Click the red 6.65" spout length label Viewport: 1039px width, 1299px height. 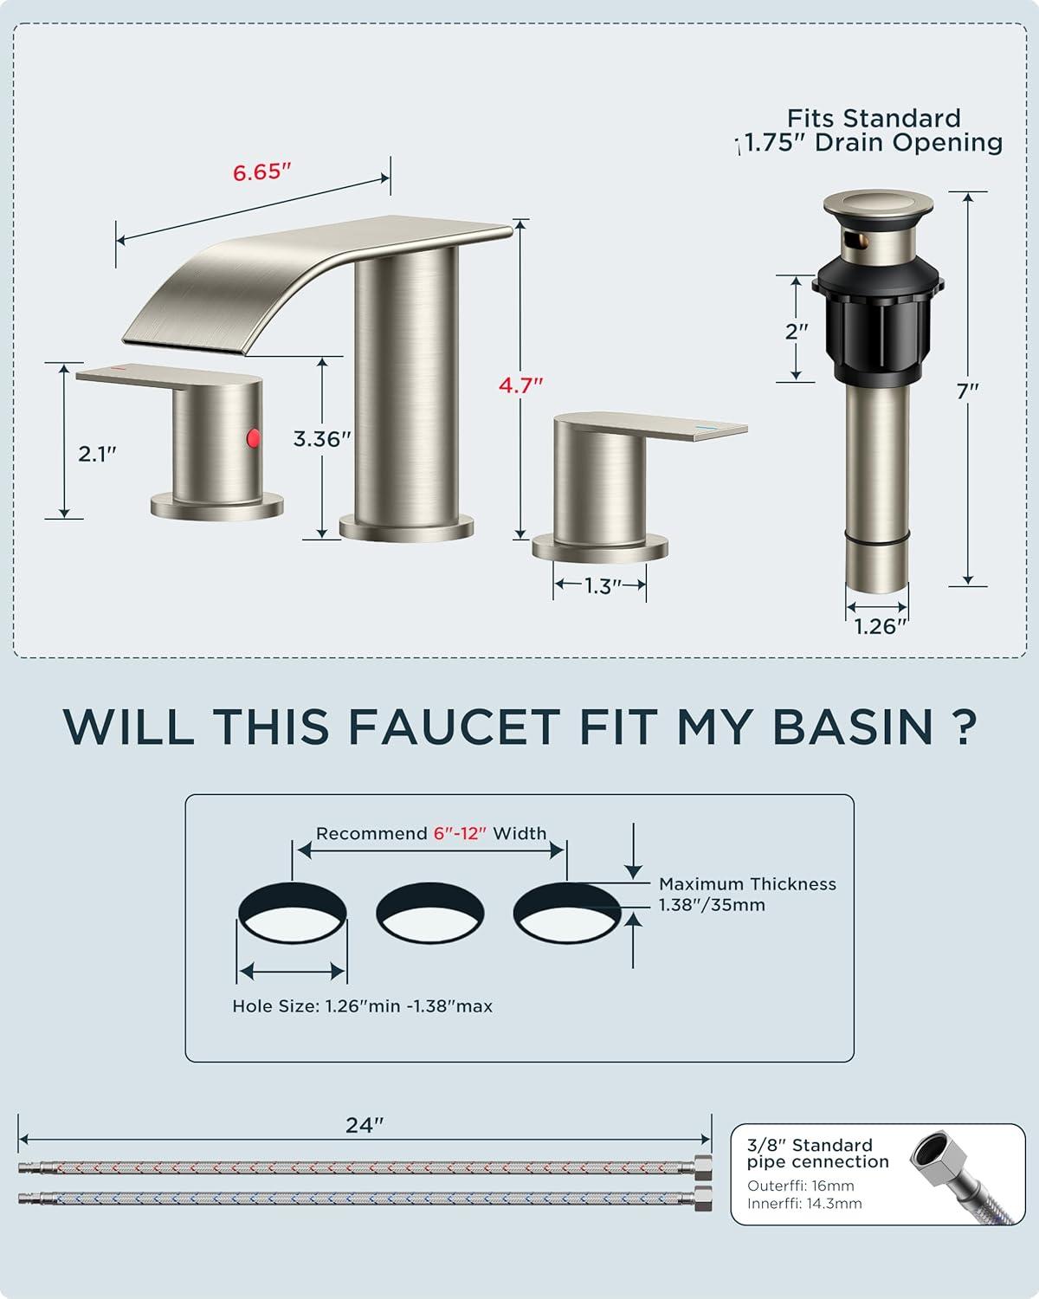tap(262, 172)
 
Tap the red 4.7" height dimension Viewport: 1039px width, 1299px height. tap(521, 385)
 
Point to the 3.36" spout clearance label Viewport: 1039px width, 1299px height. tap(322, 439)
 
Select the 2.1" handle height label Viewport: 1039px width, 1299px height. tap(97, 453)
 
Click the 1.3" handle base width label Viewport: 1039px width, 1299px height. tap(603, 585)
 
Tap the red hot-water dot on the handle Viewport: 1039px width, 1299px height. tap(254, 437)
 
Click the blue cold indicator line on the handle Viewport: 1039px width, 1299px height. tap(707, 427)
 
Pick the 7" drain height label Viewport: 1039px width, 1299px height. tap(967, 391)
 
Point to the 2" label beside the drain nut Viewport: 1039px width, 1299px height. tap(797, 331)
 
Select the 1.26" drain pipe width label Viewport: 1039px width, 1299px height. tap(881, 627)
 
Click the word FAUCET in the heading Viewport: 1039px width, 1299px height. tap(455, 727)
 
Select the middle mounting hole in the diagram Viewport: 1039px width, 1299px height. tap(429, 912)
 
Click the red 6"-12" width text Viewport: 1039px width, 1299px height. tap(460, 834)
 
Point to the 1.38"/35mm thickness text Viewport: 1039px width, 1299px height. tap(712, 905)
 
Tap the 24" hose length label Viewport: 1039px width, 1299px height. tap(365, 1125)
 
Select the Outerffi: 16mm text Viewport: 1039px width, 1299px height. tap(801, 1186)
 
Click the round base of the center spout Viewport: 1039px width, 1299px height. tap(406, 527)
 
